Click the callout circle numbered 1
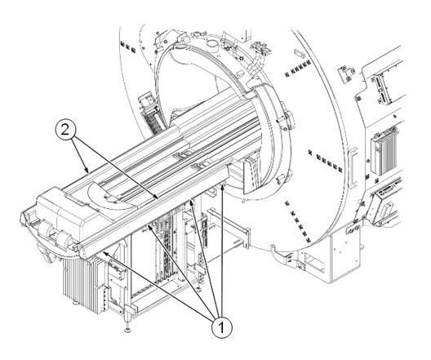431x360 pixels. pos(221,327)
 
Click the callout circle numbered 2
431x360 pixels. pos(65,131)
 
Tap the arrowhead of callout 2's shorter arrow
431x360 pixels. pos(87,171)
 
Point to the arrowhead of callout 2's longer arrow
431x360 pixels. pos(157,197)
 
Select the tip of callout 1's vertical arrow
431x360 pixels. pos(223,184)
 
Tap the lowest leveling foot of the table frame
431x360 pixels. pos(127,329)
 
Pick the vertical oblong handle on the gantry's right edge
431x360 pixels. pos(353,168)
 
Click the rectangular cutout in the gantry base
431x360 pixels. pos(315,261)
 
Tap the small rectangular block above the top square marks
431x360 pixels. pos(300,54)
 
